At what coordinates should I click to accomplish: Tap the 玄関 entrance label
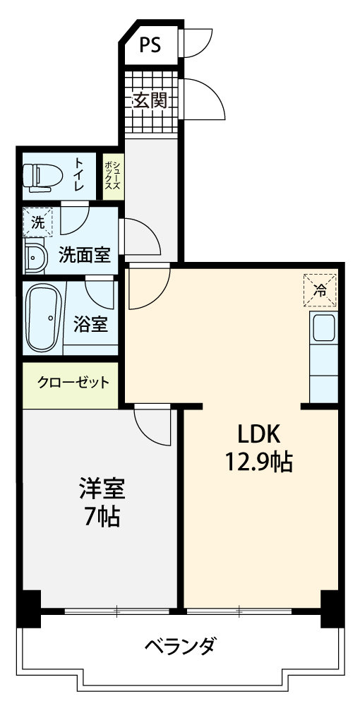[x=150, y=100]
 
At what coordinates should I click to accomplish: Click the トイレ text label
[x=79, y=174]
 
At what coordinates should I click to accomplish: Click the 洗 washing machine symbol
[x=38, y=222]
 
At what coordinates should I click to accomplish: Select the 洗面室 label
[x=85, y=256]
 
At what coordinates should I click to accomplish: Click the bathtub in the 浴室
[x=44, y=318]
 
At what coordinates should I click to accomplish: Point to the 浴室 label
[x=91, y=324]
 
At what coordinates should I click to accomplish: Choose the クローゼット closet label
[x=73, y=383]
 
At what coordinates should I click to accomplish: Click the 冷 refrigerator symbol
[x=320, y=290]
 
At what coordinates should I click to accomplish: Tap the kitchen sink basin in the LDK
[x=323, y=328]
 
